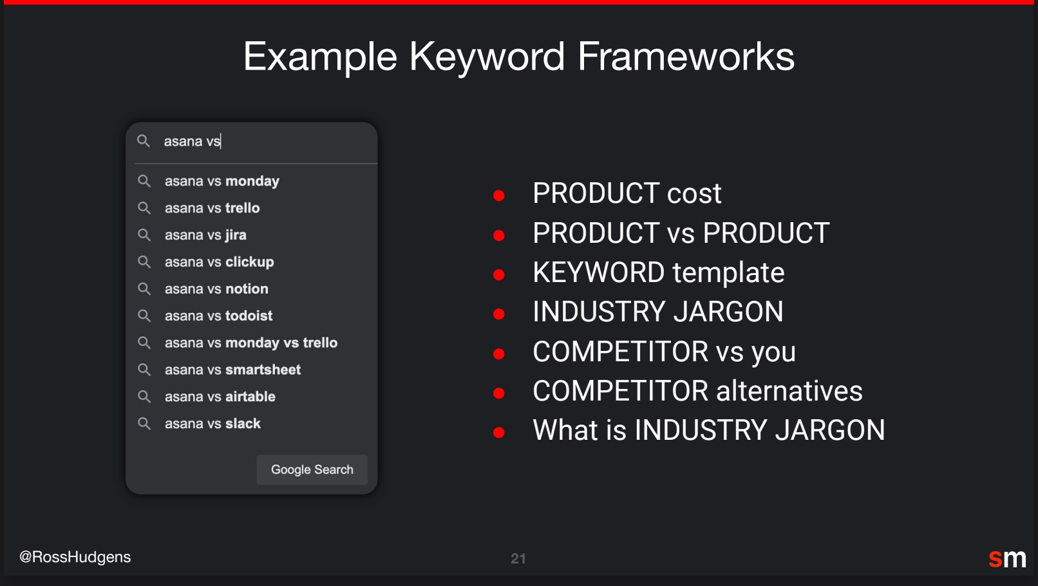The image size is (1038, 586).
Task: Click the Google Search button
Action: click(312, 469)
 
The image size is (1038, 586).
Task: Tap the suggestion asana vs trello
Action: click(212, 208)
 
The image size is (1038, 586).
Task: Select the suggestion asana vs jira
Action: click(205, 235)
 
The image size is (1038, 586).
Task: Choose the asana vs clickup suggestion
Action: click(219, 262)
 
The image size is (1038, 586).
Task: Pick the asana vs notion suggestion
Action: click(216, 289)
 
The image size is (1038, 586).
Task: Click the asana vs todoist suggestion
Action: click(219, 316)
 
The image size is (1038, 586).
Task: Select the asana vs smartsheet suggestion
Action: click(232, 370)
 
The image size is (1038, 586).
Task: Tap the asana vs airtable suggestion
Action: click(220, 397)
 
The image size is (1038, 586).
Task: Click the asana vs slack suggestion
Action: click(212, 424)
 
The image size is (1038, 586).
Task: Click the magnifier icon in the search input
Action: click(143, 141)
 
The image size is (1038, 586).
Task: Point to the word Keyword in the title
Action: click(487, 57)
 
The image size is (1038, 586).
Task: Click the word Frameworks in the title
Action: click(686, 56)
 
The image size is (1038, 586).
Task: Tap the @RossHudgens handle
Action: click(75, 557)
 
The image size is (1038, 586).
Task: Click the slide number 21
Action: click(518, 559)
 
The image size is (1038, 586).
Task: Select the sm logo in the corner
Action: click(1007, 558)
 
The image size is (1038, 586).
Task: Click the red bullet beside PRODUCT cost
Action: click(498, 196)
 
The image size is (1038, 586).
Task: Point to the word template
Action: click(728, 272)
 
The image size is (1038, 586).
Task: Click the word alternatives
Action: click(789, 390)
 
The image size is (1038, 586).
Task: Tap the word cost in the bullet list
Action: click(694, 194)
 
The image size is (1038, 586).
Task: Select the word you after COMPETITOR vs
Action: click(774, 352)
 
